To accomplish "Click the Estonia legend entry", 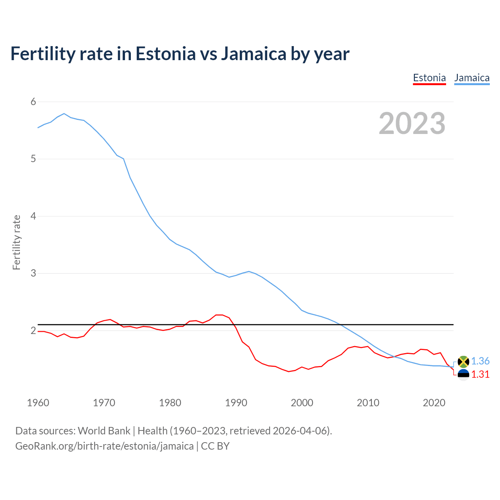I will click(x=429, y=78).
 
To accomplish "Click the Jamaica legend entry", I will click(x=472, y=78).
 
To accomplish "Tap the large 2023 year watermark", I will click(x=412, y=123).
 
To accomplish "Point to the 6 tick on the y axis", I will click(x=33, y=102).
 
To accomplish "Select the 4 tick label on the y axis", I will click(x=33, y=216).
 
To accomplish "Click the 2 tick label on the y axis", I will click(x=33, y=330).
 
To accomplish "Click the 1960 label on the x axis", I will click(x=38, y=403).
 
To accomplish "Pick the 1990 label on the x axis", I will click(x=236, y=403).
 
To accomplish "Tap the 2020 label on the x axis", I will click(x=434, y=403).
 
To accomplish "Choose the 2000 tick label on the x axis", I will click(x=302, y=403).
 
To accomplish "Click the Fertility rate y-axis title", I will click(x=16, y=242).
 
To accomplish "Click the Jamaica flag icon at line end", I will click(x=463, y=362).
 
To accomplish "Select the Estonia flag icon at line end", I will click(x=463, y=375).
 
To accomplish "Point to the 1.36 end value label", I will click(x=480, y=361).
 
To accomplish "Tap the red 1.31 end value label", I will click(x=480, y=375).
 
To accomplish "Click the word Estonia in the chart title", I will click(x=165, y=54).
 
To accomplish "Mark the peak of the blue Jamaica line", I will click(x=64, y=114).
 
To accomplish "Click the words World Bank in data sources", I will click(x=104, y=431).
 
